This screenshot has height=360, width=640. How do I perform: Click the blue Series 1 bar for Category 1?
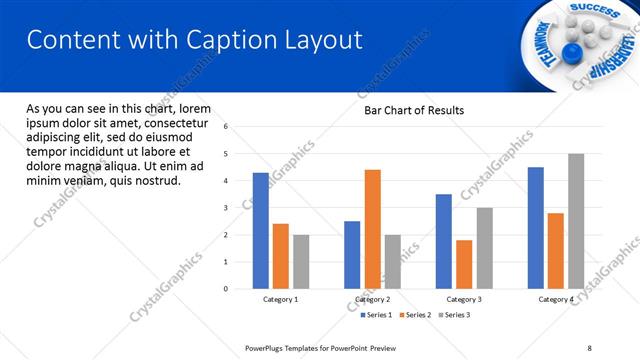[260, 230]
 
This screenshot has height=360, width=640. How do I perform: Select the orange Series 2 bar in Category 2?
[372, 229]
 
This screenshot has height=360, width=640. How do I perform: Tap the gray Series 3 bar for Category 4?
[576, 221]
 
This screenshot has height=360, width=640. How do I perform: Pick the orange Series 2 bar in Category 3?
[464, 264]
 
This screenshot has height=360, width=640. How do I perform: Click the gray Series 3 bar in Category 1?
[301, 261]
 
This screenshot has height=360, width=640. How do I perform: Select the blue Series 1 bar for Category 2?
[352, 254]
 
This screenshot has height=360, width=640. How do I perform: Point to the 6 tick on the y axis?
[226, 127]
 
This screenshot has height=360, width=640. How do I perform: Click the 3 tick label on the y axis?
[226, 208]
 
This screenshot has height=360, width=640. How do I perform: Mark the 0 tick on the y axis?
[226, 289]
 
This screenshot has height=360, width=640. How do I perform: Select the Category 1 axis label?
[280, 300]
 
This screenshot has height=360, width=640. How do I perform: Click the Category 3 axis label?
[463, 300]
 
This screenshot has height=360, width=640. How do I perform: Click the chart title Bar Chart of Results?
[414, 110]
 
